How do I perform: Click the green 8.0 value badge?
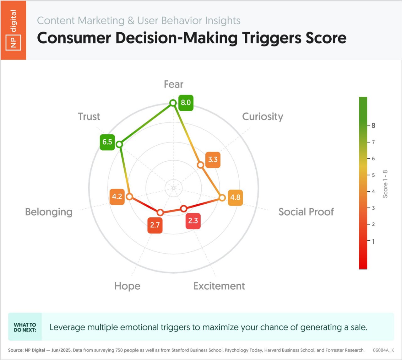pos(186,103)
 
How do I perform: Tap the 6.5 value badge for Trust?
pos(107,142)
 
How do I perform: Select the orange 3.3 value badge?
pos(213,160)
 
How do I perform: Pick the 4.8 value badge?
pos(235,197)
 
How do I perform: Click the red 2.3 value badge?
pos(193,221)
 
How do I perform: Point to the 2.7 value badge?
pos(155,225)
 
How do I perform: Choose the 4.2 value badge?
pos(117,197)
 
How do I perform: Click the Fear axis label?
pos(174,84)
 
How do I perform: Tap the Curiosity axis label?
pos(263,117)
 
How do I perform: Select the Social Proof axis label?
pos(306,212)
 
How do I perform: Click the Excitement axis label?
pos(219,286)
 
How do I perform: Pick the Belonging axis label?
pos(49,212)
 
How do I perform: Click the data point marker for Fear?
pos(173,103)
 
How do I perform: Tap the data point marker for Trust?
pos(119,144)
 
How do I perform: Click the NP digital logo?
pos(13,30)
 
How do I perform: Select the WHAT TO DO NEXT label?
pos(25,327)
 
